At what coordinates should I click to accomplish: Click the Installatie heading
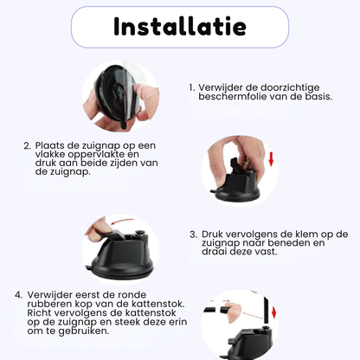[180, 26]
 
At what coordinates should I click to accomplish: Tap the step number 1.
[192, 87]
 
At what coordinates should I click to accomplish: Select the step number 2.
[27, 145]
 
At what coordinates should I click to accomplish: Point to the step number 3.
[194, 235]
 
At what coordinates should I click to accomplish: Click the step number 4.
[18, 295]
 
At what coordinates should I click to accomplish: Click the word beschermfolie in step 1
[233, 96]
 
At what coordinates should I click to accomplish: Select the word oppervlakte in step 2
[95, 155]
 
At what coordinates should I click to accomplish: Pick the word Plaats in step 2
[50, 145]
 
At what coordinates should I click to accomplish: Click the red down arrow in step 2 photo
[271, 159]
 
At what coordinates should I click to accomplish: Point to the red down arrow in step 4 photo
[273, 311]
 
